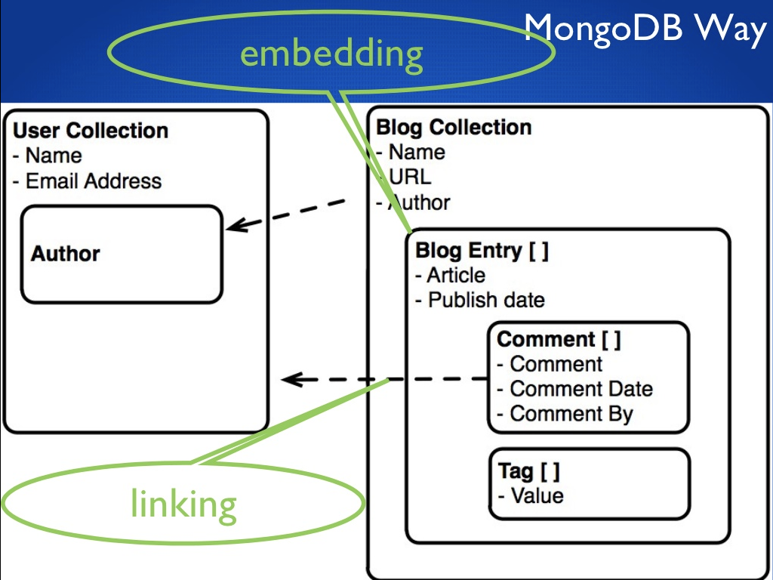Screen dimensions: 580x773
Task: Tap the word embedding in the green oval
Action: pyautogui.click(x=331, y=55)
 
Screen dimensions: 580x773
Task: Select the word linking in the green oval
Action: pyautogui.click(x=183, y=504)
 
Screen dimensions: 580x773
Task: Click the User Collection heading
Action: pyautogui.click(x=91, y=131)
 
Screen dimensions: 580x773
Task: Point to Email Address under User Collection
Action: pyautogui.click(x=93, y=181)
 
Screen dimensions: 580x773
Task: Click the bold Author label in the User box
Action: pyautogui.click(x=65, y=254)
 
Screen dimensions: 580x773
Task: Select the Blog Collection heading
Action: pyautogui.click(x=454, y=128)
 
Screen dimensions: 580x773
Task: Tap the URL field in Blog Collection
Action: pyautogui.click(x=410, y=177)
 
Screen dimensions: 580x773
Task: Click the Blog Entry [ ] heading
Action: pyautogui.click(x=482, y=251)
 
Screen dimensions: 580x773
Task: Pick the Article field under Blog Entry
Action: pyautogui.click(x=455, y=275)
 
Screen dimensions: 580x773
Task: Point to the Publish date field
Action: pyautogui.click(x=485, y=300)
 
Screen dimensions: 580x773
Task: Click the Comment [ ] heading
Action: pyautogui.click(x=559, y=340)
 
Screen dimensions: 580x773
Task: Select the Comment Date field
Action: pyautogui.click(x=581, y=389)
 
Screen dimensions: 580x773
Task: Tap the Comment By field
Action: pyautogui.click(x=571, y=414)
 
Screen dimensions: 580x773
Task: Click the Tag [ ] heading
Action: pyautogui.click(x=528, y=472)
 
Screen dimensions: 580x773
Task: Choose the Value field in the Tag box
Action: pyautogui.click(x=536, y=496)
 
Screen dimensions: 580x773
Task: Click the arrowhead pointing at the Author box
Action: pyautogui.click(x=233, y=225)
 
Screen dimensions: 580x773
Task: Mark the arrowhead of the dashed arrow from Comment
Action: pyautogui.click(x=288, y=379)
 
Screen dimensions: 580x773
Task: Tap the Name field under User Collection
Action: pyautogui.click(x=53, y=156)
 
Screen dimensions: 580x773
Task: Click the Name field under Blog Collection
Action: pyautogui.click(x=416, y=153)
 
